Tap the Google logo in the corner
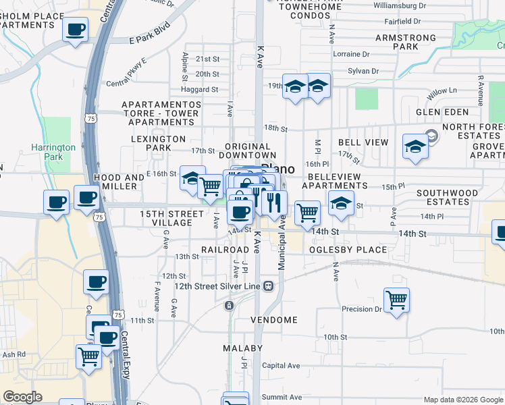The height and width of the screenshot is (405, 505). point(23,397)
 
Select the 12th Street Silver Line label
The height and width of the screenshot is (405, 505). point(210,286)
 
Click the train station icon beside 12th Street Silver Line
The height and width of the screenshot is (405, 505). point(269,286)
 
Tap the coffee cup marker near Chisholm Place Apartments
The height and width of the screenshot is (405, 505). point(76,30)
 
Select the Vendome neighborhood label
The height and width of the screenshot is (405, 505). point(274,319)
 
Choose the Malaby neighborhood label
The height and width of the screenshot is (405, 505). point(243,348)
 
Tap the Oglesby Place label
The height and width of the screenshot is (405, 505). point(348,250)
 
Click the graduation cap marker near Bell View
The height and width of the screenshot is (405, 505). point(415,146)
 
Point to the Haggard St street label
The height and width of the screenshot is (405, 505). point(200,89)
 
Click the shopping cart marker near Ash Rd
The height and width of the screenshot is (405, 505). point(88,356)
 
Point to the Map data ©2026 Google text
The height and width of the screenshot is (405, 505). point(462,400)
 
